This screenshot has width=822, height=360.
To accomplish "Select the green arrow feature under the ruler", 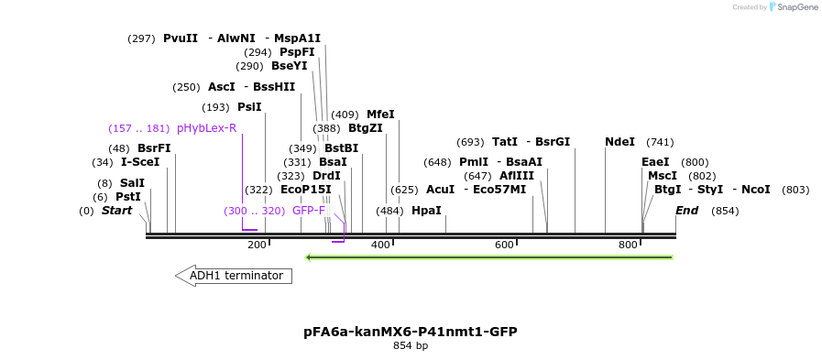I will click(489, 257).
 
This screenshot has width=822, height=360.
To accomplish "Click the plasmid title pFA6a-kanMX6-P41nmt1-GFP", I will click(411, 331).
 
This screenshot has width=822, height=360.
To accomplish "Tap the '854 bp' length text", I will click(411, 346).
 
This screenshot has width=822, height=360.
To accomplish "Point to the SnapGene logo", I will click(795, 7).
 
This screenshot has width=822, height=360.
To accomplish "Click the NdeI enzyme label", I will click(619, 142).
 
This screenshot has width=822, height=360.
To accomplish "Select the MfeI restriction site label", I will click(380, 115).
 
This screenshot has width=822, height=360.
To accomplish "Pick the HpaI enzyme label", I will click(426, 211).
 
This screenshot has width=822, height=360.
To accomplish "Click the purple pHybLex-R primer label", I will click(206, 128).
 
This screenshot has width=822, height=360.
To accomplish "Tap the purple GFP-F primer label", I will click(309, 211).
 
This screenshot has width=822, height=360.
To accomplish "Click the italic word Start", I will click(116, 211).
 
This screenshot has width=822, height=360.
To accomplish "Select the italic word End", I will click(687, 211).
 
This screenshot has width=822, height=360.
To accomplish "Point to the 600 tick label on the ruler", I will click(504, 245).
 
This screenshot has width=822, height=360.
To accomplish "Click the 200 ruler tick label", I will click(257, 245).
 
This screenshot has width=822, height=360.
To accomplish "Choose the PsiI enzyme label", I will click(249, 107).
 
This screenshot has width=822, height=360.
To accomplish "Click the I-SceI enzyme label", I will click(140, 162).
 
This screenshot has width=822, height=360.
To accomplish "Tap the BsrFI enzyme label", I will click(154, 148).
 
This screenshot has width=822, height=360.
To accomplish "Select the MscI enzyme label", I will click(663, 176).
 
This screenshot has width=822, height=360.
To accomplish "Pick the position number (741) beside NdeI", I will click(660, 142).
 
